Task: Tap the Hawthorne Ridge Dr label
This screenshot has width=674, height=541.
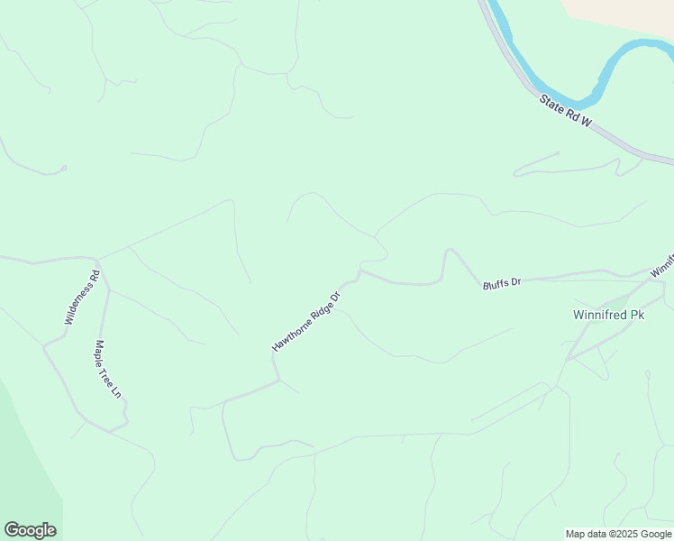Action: (307, 321)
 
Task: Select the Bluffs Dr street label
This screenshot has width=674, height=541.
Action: (502, 283)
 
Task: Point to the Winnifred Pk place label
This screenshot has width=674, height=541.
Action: (609, 315)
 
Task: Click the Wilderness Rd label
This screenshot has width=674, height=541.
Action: (80, 298)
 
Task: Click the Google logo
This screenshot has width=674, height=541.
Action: (30, 530)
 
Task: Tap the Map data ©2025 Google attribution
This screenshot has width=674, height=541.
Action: (619, 534)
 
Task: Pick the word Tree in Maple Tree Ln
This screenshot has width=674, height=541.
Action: (108, 370)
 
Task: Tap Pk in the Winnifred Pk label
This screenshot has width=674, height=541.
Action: (636, 315)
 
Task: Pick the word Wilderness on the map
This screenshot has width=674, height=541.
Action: (78, 301)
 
